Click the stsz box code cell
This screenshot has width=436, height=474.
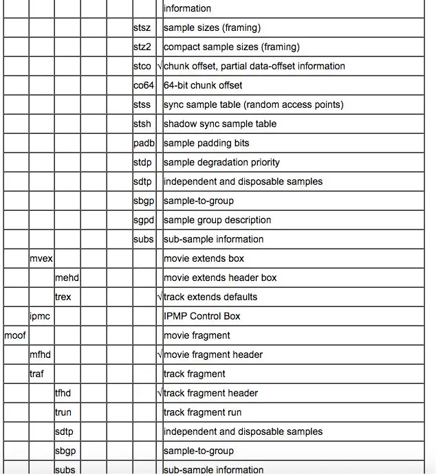coord(142,28)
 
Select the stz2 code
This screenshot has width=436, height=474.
coord(142,47)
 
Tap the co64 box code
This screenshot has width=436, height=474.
coord(144,86)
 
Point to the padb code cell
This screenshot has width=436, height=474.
coord(144,144)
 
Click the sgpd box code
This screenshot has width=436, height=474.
coord(144,221)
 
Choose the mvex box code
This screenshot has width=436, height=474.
coord(41,259)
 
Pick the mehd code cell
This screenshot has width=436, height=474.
coord(67,278)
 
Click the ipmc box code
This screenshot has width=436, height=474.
coord(39,317)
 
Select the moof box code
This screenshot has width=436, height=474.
coord(14,336)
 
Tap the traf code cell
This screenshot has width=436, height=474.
coord(36,374)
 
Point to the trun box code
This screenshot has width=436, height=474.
coord(63,413)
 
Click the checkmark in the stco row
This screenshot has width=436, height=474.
coord(160,67)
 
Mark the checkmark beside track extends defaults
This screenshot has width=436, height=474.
coord(160,297)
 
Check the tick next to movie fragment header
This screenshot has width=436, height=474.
coord(160,355)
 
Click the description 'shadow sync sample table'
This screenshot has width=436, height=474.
coord(220,124)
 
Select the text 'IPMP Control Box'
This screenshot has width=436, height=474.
coord(201,317)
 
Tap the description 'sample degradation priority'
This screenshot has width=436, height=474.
coord(222,163)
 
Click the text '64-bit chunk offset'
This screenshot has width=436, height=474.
coord(203,86)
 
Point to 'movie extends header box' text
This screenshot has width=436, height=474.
coord(220,278)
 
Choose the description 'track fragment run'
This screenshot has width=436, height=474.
coord(202,413)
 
